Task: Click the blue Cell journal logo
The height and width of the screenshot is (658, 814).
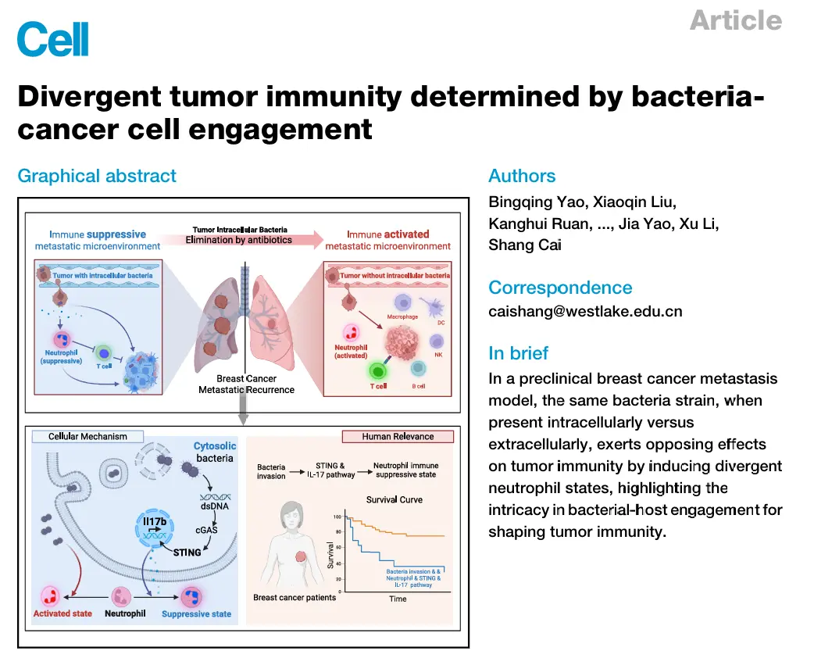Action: (x=53, y=39)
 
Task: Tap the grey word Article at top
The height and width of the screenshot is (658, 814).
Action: (x=735, y=20)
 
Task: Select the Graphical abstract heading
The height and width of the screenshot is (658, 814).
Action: (x=97, y=177)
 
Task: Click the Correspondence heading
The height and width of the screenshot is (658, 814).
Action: (x=560, y=288)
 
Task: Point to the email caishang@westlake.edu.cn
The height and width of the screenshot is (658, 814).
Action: (x=585, y=311)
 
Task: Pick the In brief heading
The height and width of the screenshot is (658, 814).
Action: (x=519, y=353)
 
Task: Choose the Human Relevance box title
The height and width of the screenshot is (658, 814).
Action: (x=398, y=436)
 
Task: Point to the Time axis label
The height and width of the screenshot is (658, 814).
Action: (x=398, y=599)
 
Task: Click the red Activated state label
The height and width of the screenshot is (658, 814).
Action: (x=62, y=613)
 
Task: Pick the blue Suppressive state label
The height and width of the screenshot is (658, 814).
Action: (x=196, y=613)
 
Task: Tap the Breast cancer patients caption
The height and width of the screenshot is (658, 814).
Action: (x=295, y=598)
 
